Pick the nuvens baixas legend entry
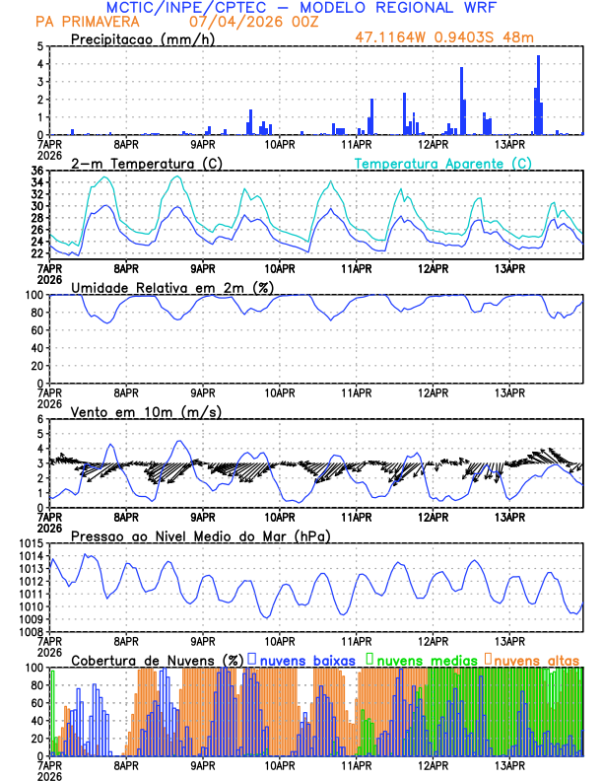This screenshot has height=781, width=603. [x=307, y=659]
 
